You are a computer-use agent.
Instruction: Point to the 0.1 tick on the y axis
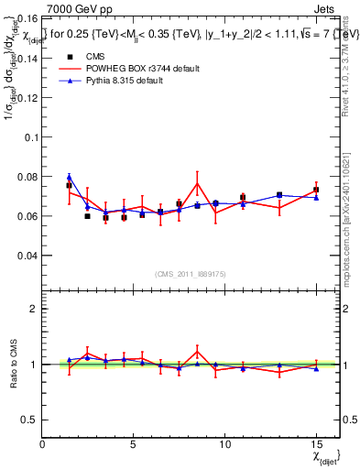tap(29, 136)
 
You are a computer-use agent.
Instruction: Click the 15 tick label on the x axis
tap(316, 443)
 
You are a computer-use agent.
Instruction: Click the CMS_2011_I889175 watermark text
tap(180, 273)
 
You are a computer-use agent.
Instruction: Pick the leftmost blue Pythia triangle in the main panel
tap(70, 177)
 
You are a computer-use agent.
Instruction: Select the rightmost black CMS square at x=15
tap(316, 190)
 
